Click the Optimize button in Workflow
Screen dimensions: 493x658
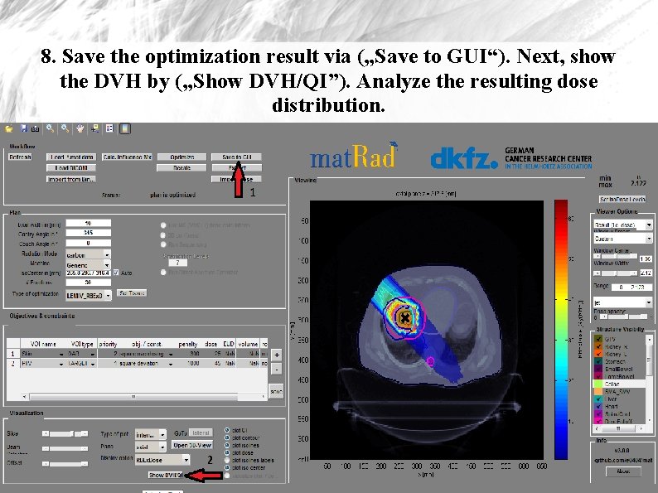[x=181, y=157]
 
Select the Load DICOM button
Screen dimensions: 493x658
[x=70, y=167]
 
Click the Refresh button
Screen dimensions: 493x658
[x=21, y=157]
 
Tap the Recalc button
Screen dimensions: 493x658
[x=181, y=167]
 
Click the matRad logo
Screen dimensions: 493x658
[x=354, y=157]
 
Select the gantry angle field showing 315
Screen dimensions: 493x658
[x=87, y=233]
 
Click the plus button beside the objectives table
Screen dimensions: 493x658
[x=276, y=353]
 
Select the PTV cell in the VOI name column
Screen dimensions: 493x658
[x=41, y=363]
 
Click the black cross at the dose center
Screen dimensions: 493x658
[x=404, y=318]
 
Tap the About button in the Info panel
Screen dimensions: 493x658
[x=623, y=471]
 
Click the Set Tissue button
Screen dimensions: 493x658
[x=132, y=292]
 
